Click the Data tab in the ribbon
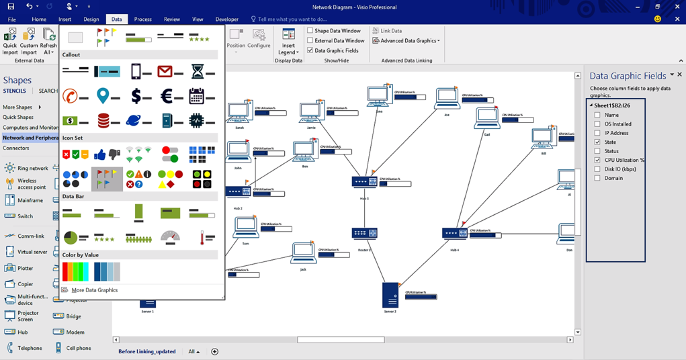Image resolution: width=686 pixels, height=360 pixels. [116, 19]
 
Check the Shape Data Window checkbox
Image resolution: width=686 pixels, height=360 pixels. [310, 31]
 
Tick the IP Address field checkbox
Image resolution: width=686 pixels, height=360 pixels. [597, 133]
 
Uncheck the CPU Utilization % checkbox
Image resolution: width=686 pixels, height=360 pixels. [597, 161]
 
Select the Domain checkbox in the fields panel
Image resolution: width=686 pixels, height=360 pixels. [597, 179]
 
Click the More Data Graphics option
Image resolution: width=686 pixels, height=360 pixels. [94, 290]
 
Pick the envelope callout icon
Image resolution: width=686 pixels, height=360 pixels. [165, 71]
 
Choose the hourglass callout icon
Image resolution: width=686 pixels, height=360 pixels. [198, 71]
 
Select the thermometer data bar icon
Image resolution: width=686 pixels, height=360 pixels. [202, 238]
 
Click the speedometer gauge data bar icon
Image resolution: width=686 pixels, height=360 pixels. [171, 237]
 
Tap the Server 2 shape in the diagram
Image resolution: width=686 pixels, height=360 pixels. [390, 295]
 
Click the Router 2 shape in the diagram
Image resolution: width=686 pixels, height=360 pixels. [364, 233]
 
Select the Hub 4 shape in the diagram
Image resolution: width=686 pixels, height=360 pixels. [454, 234]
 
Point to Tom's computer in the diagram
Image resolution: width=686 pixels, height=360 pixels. [245, 227]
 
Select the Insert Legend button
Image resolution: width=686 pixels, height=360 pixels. [288, 41]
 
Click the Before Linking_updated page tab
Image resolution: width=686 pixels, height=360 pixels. [146, 351]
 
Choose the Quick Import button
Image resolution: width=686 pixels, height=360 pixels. [10, 41]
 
